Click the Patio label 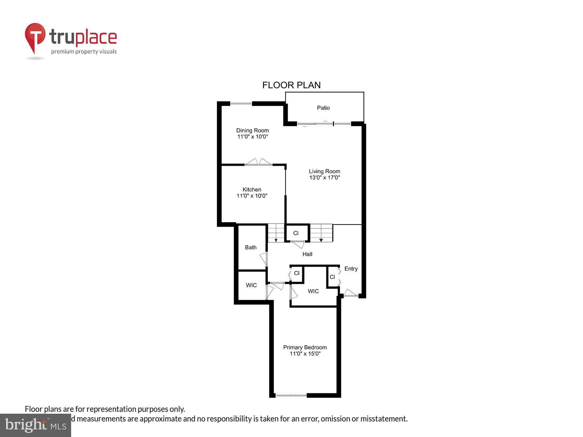tap(323, 108)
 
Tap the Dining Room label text tap(252, 131)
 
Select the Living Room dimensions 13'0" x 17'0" tap(324, 178)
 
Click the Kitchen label tap(252, 190)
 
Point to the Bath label tap(251, 247)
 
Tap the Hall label tap(307, 254)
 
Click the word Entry tap(351, 269)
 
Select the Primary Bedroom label tap(305, 347)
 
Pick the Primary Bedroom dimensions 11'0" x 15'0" tap(305, 354)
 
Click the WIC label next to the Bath tap(251, 285)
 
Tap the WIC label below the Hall tap(313, 291)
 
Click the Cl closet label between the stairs tap(296, 233)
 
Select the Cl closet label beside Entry tap(332, 277)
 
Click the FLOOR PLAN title tap(291, 85)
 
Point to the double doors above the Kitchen tap(259, 163)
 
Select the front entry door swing tap(351, 293)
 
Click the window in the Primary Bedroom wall tap(291, 395)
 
